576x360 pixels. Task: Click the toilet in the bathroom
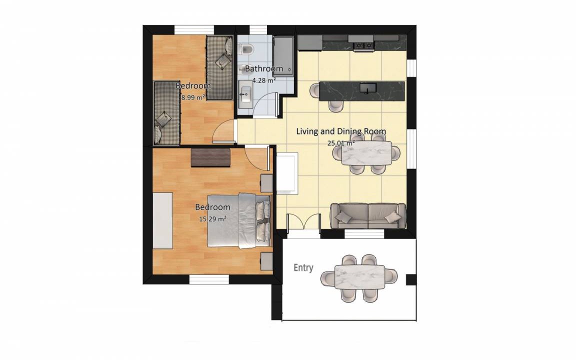(245, 48)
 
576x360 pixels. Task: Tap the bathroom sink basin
(244, 95)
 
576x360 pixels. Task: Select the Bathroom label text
(264, 68)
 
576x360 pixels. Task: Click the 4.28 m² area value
(264, 79)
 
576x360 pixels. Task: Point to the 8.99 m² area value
(193, 97)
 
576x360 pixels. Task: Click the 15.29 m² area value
(212, 219)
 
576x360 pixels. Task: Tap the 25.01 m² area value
(341, 143)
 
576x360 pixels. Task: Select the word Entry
(303, 268)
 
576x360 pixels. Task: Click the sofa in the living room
(368, 216)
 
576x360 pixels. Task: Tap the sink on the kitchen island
(367, 88)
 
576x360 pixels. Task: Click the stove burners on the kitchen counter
(363, 45)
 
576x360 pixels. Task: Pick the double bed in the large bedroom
(239, 220)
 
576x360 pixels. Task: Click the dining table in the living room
(366, 153)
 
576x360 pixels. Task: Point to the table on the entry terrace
(359, 277)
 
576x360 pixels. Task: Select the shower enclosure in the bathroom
(283, 56)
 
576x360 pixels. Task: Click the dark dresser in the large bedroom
(210, 157)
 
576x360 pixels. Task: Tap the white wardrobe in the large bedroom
(162, 220)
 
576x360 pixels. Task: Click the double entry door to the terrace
(303, 222)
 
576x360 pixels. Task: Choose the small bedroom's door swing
(223, 131)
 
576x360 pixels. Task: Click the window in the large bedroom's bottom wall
(209, 279)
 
